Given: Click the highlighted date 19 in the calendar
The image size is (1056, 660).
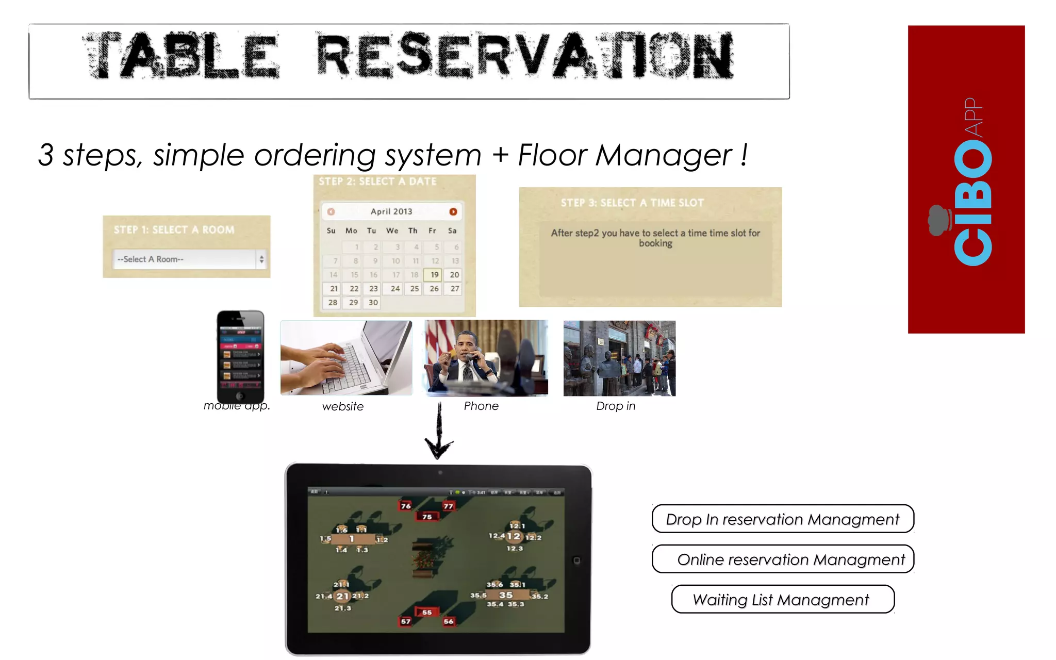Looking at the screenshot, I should coord(434,275).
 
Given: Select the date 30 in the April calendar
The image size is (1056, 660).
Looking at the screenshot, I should coord(373,303).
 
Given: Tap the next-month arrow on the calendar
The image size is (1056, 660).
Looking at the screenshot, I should coord(453,211).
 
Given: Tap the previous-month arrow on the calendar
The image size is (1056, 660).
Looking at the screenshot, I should coord(331,211).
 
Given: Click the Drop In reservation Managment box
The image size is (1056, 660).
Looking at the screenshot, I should coord(782,519).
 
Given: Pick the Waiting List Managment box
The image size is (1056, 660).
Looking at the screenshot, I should coord(782,600).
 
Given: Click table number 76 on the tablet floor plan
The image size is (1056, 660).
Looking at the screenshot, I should coord(406,506).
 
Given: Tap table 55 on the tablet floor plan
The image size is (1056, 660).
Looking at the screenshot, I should coord(427,613).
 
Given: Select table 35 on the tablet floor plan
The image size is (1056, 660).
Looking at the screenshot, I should coord(506,595).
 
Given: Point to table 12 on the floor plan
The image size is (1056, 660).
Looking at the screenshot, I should coord(514,536).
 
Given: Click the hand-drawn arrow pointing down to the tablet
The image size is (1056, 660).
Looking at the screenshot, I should coord(439,433).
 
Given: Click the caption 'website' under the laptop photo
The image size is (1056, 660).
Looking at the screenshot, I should coord(343,407).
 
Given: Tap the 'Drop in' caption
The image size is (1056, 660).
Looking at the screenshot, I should coord(616,406).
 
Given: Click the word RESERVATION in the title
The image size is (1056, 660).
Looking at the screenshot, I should coord(524,56).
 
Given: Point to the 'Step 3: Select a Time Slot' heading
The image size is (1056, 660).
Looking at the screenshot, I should coord(632,203).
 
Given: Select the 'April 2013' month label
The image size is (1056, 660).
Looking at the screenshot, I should coord(391,211).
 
